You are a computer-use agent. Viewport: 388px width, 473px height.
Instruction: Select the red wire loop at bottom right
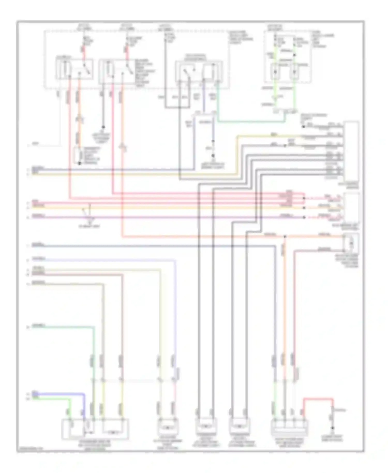[x=318, y=399]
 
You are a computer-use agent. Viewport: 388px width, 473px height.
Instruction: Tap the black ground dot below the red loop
[x=333, y=427]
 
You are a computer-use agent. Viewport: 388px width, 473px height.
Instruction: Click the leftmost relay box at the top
[x=74, y=69]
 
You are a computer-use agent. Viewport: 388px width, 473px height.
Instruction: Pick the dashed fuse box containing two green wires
[x=287, y=57]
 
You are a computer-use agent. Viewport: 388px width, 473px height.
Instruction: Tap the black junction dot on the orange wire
[x=285, y=236]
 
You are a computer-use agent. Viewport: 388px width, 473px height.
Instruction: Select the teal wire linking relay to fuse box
[x=251, y=121]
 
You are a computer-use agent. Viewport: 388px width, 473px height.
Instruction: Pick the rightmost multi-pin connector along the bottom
[x=289, y=428]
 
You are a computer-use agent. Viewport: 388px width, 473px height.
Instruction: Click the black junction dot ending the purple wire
[x=213, y=156]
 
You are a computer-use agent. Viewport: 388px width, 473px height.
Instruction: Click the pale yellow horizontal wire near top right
[x=266, y=135]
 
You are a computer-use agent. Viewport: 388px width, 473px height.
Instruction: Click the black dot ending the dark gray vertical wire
[x=103, y=127]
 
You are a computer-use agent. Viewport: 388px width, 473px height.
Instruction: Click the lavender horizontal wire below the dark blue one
[x=103, y=260]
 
